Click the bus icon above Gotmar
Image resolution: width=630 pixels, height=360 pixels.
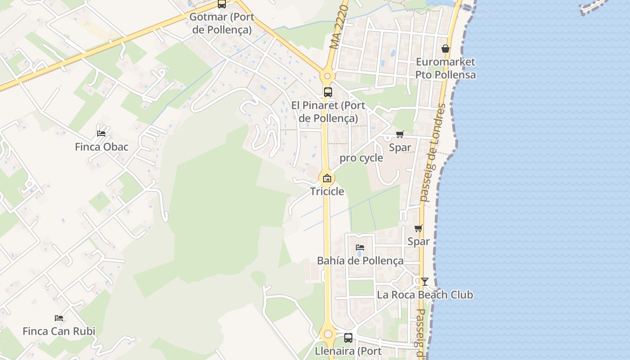222,4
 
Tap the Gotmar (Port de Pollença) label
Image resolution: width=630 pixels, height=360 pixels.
222,23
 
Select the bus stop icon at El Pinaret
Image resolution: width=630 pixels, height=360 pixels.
328,92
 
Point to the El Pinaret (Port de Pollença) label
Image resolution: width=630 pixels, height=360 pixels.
328,112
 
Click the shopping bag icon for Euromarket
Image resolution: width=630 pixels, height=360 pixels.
445,49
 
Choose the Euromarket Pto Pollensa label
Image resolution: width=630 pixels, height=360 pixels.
445,68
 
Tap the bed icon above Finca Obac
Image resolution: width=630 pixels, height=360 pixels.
101,133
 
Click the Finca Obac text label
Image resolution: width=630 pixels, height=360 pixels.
101,147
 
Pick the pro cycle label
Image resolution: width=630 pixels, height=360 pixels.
361,158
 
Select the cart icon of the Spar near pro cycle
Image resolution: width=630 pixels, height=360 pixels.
400,134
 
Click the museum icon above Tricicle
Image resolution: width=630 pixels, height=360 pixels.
327,178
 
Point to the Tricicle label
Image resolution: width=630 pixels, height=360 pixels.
327,192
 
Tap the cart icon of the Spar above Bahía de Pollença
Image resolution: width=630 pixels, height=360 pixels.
418,228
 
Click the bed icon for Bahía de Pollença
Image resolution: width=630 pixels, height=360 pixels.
360,247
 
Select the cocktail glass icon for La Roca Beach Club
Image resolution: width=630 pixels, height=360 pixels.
424,282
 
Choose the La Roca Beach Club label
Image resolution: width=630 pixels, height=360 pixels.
425,295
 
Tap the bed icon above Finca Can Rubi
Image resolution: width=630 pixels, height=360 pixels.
59,318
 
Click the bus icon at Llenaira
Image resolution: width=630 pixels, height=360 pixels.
348,337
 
